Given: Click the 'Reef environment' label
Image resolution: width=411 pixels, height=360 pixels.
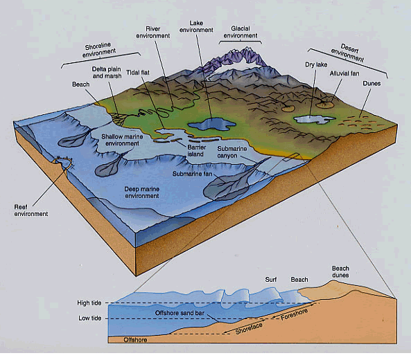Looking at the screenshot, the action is (31, 210).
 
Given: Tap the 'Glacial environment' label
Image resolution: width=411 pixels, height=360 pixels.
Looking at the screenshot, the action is (241, 32).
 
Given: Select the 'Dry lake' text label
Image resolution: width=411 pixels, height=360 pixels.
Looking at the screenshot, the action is (316, 64).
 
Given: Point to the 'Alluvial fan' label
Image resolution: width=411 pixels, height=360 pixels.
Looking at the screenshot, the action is (344, 73).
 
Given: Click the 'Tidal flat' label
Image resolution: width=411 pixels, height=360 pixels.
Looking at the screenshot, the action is (138, 73).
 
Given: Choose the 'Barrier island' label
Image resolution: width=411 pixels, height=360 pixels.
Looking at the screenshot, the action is (196, 150).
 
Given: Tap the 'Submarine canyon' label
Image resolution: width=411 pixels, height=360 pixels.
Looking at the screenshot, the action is (232, 152).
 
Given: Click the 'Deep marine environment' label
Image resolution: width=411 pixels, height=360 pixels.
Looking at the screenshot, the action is (142, 192).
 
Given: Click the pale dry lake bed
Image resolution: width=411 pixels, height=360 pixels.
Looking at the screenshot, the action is (314, 120).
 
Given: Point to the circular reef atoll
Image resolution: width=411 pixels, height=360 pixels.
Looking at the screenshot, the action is (64, 163).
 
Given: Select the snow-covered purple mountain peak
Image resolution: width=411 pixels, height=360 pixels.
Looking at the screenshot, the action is (237, 57).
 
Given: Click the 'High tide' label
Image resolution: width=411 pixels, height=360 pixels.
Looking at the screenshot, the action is (89, 303).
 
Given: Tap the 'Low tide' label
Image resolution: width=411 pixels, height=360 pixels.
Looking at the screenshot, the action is (90, 318).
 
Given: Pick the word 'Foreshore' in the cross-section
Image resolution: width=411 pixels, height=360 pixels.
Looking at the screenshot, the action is (294, 314).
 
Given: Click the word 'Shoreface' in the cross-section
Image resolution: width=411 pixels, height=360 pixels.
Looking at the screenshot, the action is (249, 329).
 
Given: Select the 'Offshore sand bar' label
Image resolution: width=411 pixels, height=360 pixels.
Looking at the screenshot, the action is (180, 313).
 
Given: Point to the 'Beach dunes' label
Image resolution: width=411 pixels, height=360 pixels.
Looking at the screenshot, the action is (340, 272).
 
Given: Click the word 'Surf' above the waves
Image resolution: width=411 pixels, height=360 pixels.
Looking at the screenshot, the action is (271, 280).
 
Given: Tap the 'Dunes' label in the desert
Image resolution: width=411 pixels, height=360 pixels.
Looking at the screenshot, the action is (371, 84).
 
